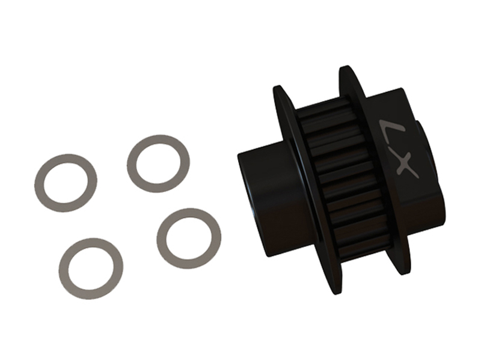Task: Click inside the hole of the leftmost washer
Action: click(66, 183)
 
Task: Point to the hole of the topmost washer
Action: click(158, 163)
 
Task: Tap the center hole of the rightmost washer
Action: click(189, 239)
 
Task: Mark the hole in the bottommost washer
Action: click(91, 269)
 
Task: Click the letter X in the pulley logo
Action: click(405, 165)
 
